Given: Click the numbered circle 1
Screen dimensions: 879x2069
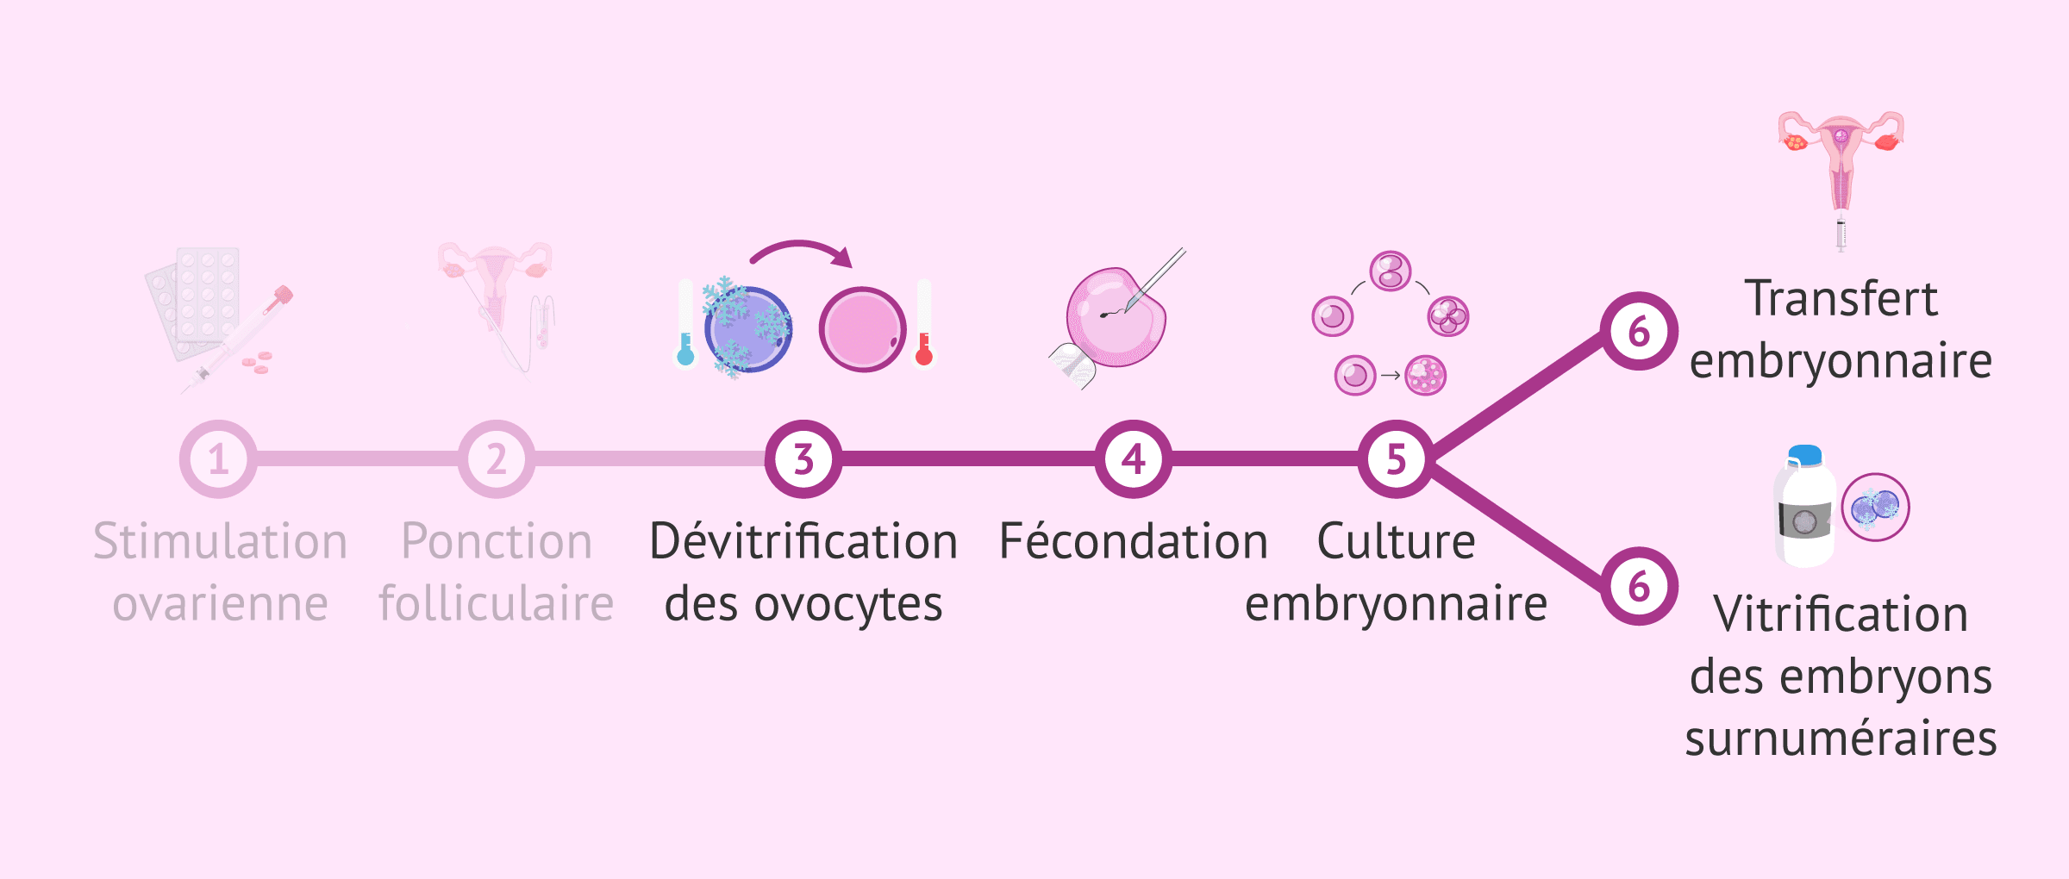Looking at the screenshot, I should [x=218, y=458].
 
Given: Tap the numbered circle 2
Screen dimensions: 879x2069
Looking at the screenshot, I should [x=496, y=458].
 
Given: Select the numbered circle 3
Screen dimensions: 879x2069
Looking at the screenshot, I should [x=803, y=458].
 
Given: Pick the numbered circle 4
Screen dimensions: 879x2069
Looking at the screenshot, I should [x=1133, y=458].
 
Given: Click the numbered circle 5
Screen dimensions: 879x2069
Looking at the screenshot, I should [x=1396, y=458].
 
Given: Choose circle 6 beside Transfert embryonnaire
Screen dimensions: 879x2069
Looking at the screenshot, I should [x=1639, y=331].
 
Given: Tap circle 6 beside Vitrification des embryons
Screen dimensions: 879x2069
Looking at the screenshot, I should [x=1639, y=586].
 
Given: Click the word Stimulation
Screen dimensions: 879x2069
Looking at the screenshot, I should [x=220, y=541].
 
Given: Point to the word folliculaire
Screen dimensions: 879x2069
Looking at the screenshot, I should [x=496, y=603].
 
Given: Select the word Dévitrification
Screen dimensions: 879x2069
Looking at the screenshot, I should [x=803, y=541].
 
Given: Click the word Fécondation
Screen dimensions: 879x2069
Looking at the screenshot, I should [x=1133, y=541].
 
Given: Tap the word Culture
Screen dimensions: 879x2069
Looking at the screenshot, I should [x=1396, y=541].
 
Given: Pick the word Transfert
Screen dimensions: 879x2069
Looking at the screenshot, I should [x=1841, y=298].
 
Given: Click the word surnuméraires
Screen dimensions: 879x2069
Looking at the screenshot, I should [x=1841, y=739].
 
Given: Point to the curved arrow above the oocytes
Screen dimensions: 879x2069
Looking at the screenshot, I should [x=802, y=251].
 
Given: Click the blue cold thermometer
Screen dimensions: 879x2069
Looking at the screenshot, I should [x=686, y=324].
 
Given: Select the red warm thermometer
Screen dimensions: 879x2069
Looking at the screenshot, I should [x=924, y=324].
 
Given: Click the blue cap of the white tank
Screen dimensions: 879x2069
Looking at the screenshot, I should [x=1805, y=454].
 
